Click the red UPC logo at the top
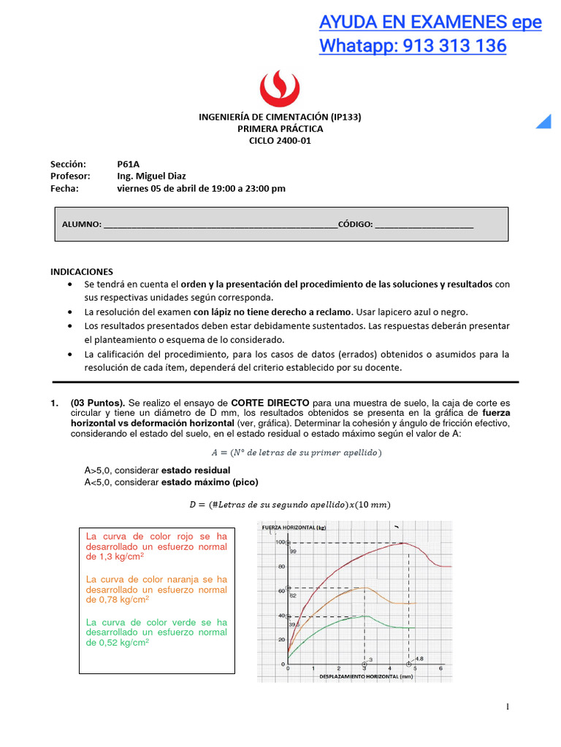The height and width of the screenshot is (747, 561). click(x=280, y=88)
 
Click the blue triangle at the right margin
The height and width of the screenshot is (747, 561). click(x=543, y=121)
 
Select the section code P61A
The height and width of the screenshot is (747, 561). click(x=129, y=164)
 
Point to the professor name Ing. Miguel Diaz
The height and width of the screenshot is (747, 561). click(x=151, y=176)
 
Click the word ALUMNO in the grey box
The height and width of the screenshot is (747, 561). click(x=81, y=224)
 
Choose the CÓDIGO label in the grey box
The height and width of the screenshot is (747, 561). click(x=355, y=224)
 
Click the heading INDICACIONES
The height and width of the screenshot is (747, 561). click(x=82, y=271)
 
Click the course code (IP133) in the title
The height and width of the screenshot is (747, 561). click(x=346, y=117)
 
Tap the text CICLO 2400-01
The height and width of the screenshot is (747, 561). click(x=280, y=141)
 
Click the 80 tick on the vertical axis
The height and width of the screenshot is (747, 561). click(x=280, y=567)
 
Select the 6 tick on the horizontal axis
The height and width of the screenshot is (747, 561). click(x=440, y=668)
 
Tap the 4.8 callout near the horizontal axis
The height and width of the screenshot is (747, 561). click(x=419, y=659)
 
